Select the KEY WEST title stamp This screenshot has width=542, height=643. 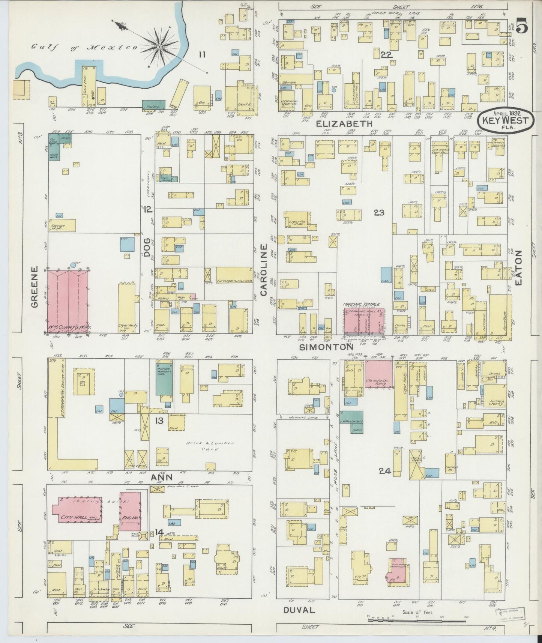pos(505,120)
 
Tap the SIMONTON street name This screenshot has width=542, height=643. pos(329,347)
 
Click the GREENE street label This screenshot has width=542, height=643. pos(35,287)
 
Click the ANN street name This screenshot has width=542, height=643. pos(162,477)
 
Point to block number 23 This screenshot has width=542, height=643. pos(379,213)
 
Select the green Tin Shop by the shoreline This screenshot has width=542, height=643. pos(154,105)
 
